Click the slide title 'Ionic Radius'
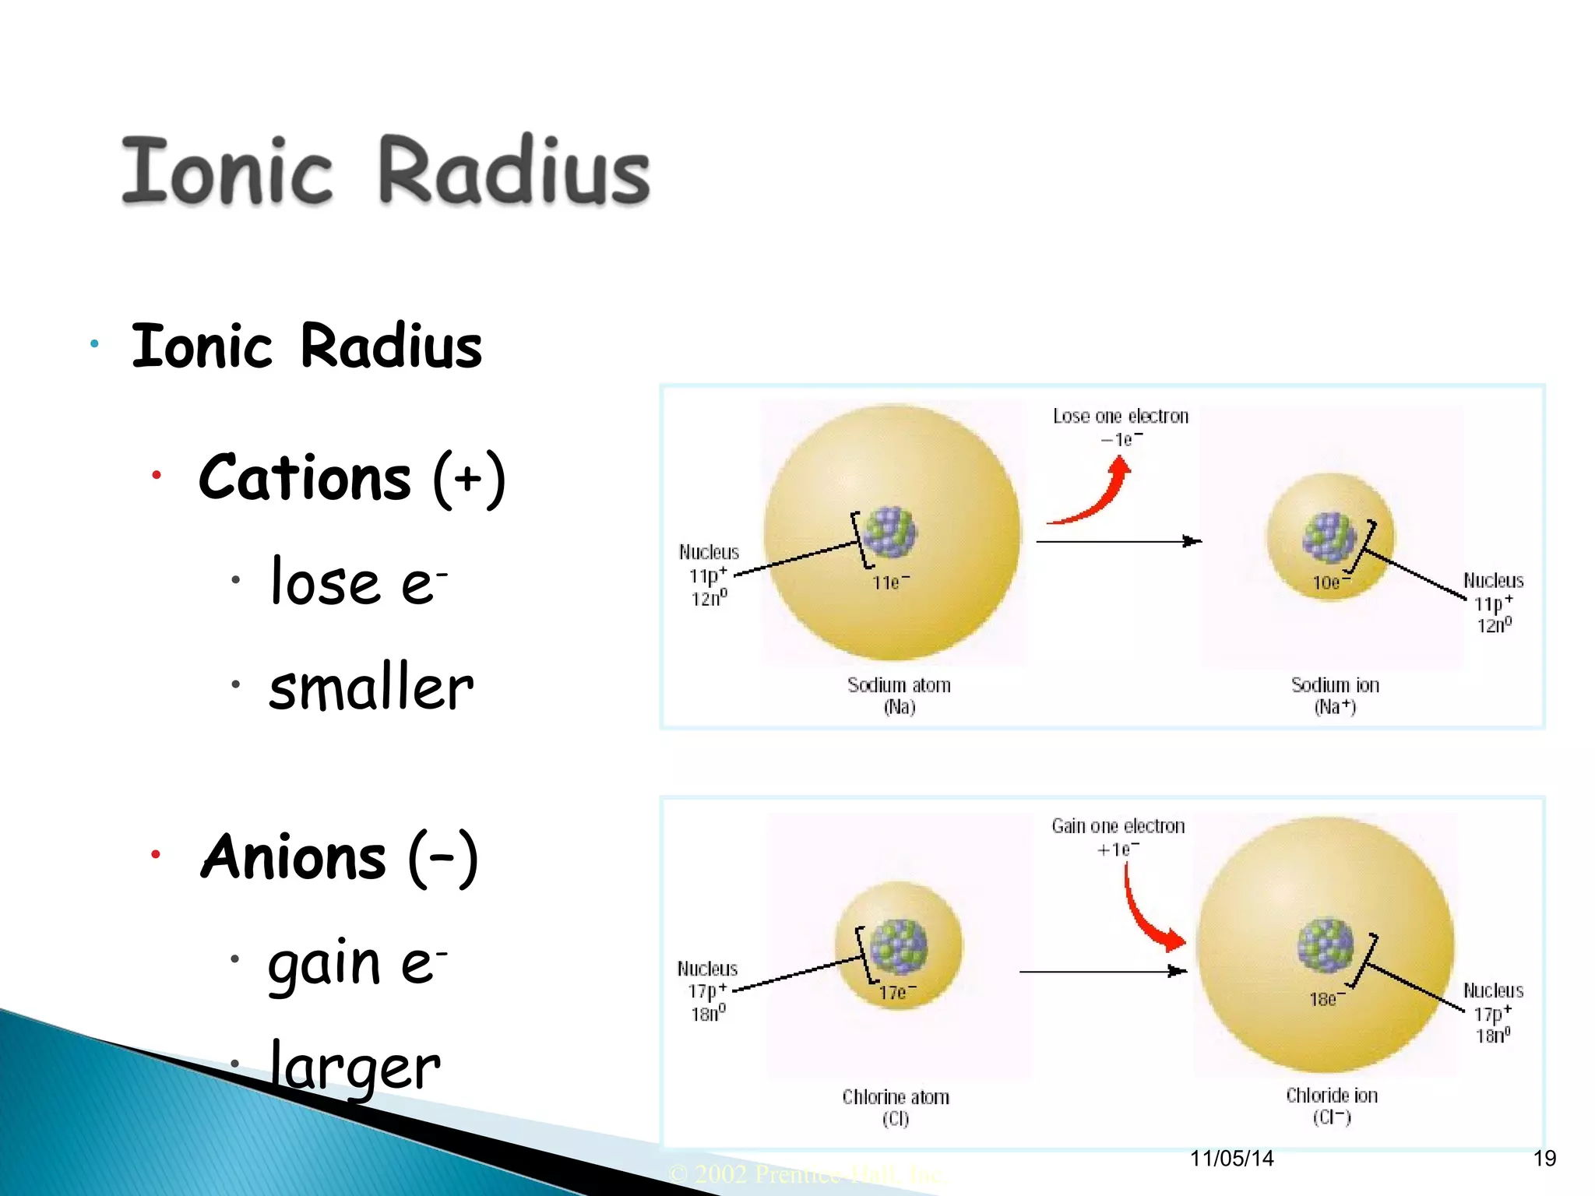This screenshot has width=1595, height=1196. click(386, 171)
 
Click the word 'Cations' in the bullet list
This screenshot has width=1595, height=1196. click(305, 477)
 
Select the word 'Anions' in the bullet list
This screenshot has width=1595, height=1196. click(294, 857)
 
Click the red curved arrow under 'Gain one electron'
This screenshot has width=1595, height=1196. click(1148, 915)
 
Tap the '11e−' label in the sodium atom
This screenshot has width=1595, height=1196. click(890, 582)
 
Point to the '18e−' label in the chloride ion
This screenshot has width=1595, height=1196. click(1326, 999)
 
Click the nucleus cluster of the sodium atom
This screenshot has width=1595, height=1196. click(889, 533)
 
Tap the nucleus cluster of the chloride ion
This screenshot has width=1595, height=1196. click(1326, 945)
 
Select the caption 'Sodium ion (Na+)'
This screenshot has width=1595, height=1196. click(1335, 695)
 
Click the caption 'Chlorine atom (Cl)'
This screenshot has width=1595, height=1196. click(896, 1107)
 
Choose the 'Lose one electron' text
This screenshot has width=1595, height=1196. click(1121, 417)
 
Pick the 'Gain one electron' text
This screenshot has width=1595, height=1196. click(1118, 826)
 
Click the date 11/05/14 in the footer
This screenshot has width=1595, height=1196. click(1231, 1159)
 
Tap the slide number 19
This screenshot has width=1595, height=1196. click(1544, 1159)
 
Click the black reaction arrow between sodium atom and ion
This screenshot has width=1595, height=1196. click(1118, 541)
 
